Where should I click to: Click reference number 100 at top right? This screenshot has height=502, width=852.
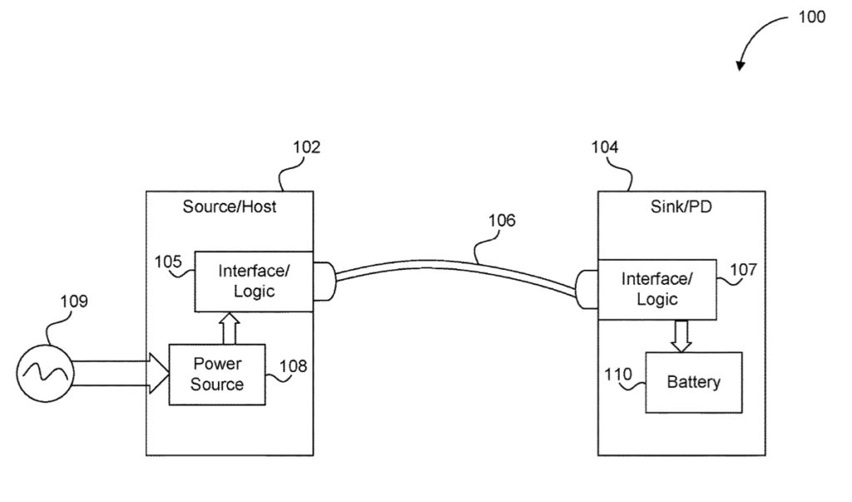coord(811,17)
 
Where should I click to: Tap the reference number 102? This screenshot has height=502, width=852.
coord(306,147)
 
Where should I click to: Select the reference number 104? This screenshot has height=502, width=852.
coord(605,147)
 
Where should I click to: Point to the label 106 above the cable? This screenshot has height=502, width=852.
coord(502,221)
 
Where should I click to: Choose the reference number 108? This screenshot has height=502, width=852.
coord(293,365)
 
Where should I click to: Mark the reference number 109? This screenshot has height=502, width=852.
coord(74,301)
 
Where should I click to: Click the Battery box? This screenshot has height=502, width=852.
coord(694,382)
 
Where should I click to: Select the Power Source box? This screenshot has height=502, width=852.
coord(217,374)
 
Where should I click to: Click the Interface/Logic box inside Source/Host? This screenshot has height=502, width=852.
coord(254,281)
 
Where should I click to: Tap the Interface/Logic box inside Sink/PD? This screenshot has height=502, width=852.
coord(656,288)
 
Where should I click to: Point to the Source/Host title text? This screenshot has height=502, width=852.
coord(230,206)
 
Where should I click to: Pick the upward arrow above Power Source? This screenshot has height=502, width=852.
coord(230,328)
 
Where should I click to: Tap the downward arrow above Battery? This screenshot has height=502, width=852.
coord(681,335)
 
